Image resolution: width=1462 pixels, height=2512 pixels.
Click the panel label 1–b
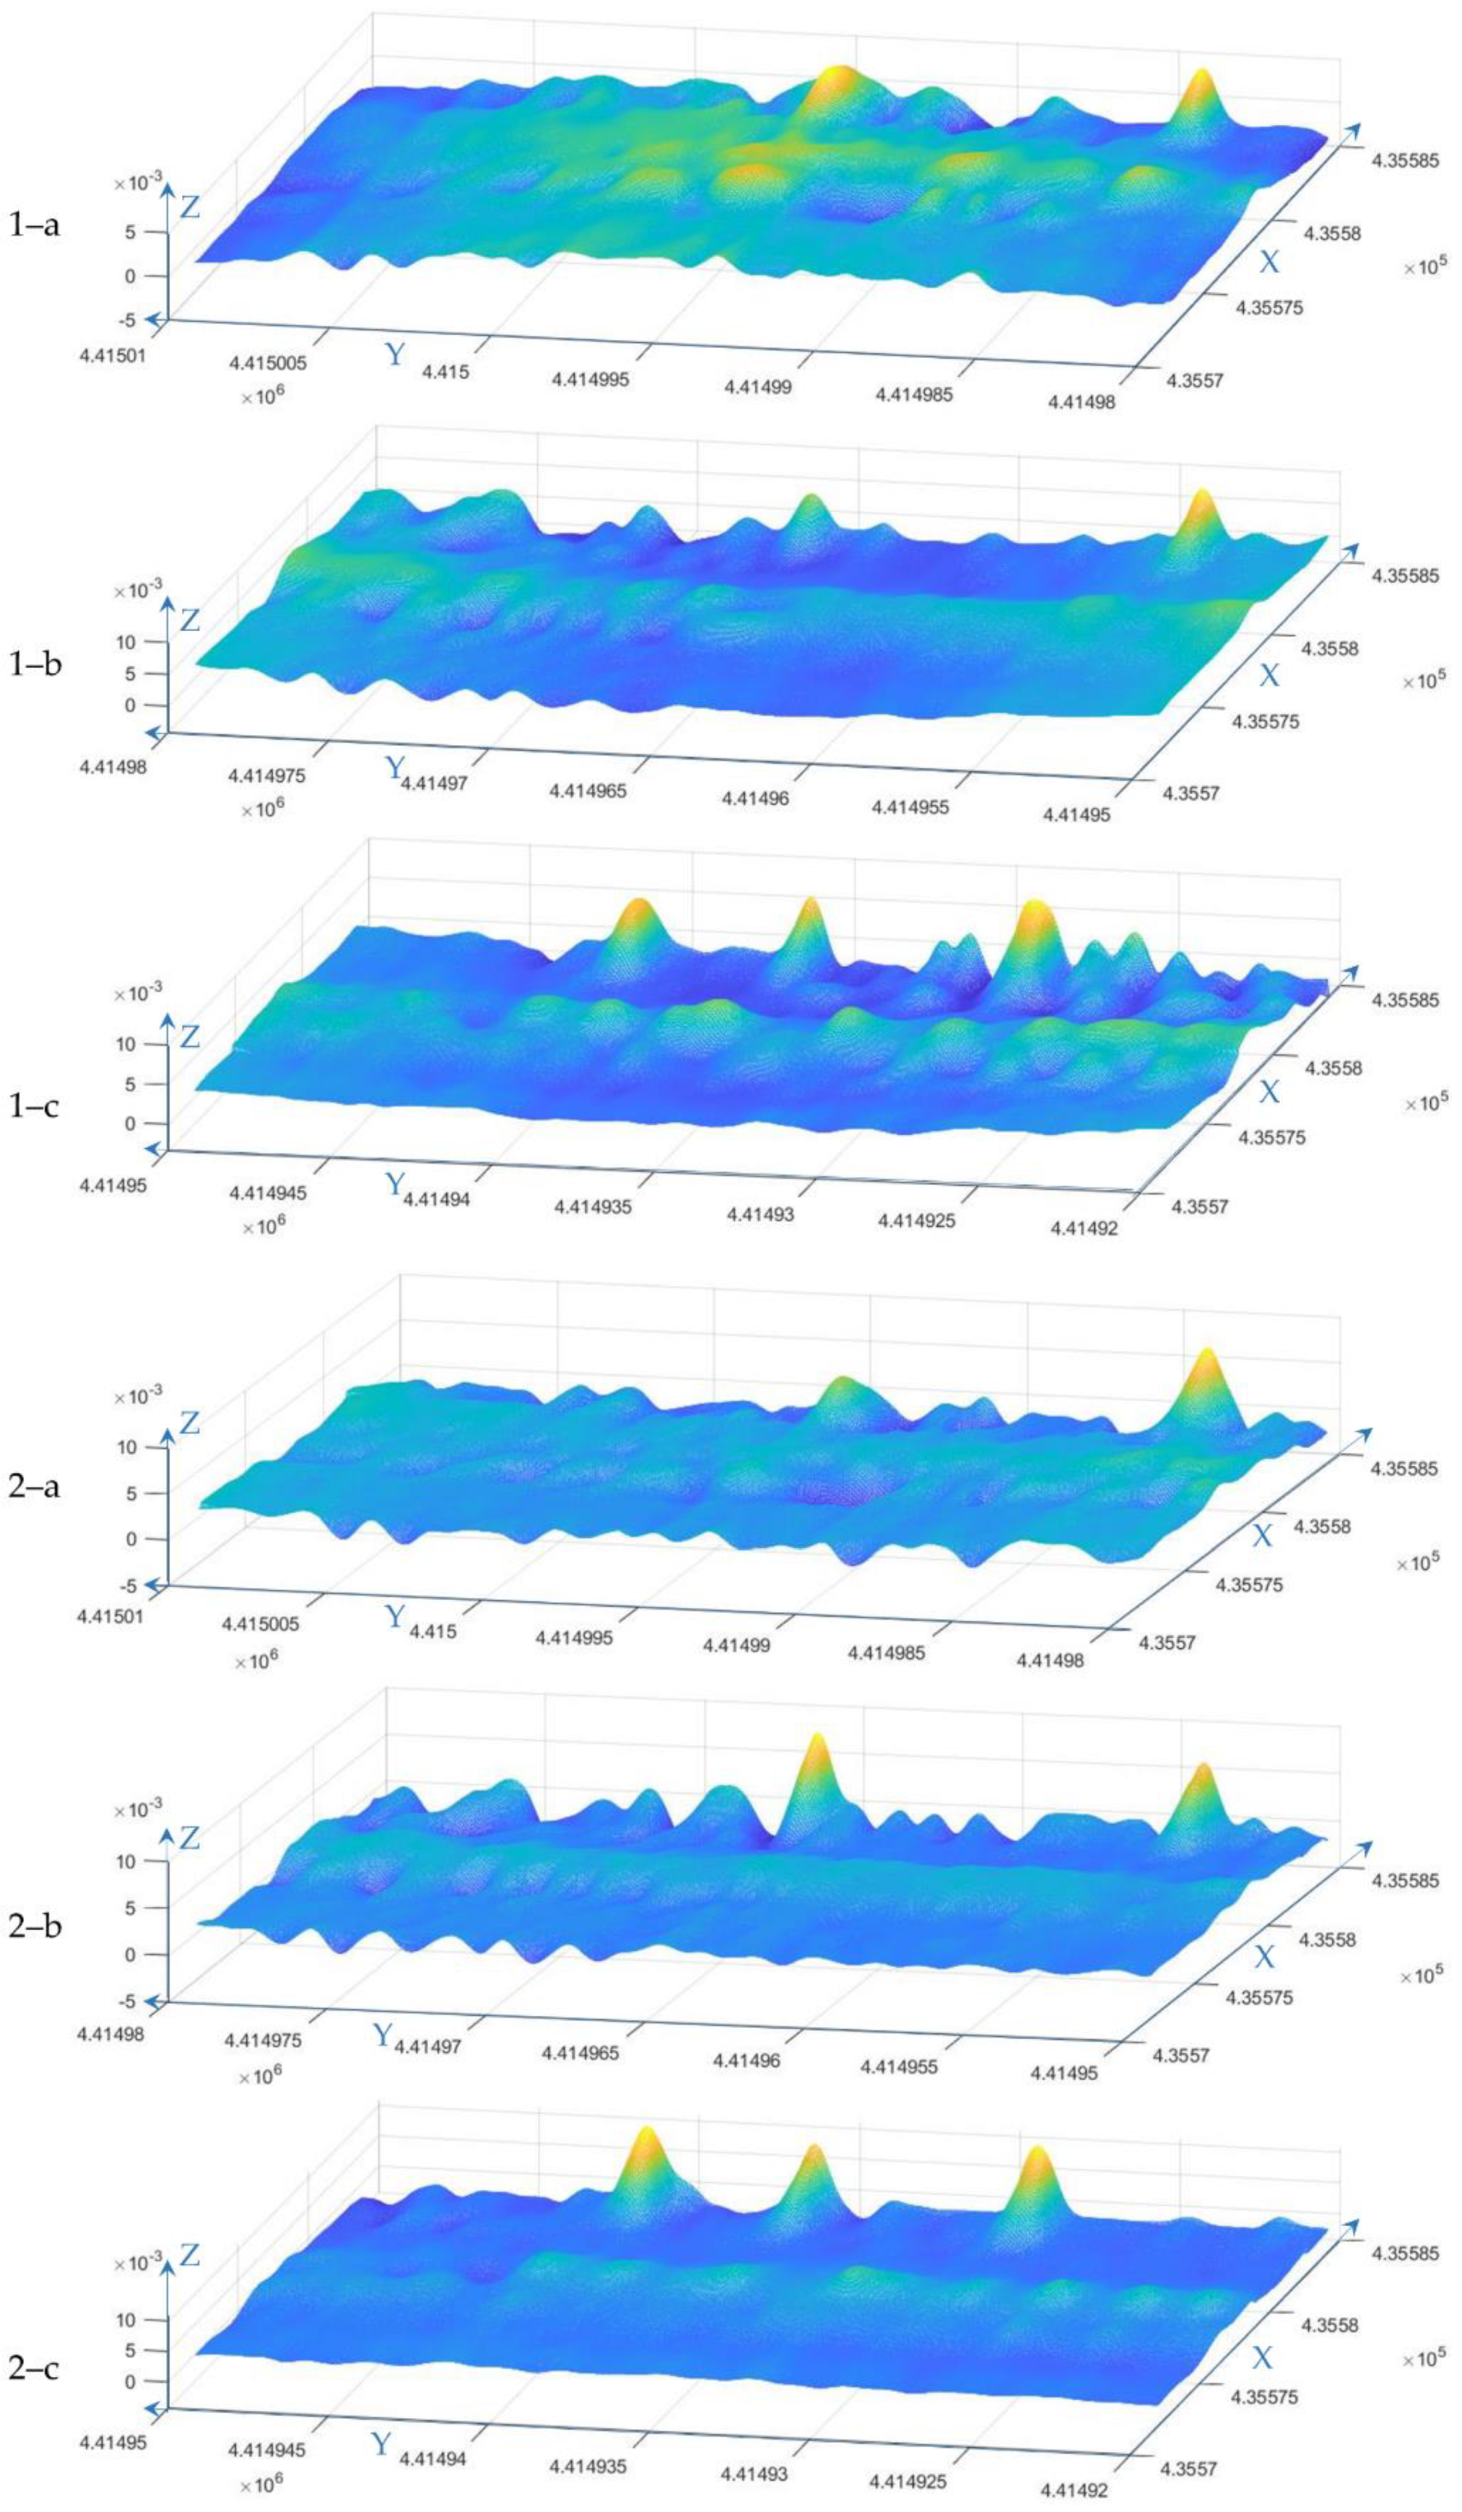point(35,664)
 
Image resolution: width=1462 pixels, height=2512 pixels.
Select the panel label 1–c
point(35,1105)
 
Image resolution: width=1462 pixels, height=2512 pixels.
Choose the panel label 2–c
point(35,2367)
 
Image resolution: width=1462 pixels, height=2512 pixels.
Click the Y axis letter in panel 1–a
point(396,354)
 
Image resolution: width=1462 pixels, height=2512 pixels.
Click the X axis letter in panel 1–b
point(1268,676)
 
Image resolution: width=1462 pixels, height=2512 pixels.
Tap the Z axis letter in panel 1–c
point(190,1036)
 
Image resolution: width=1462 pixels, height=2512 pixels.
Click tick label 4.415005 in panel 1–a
point(267,364)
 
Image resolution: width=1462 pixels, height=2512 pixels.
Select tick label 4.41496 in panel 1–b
point(755,798)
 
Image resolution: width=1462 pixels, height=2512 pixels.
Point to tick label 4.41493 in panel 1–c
point(761,1215)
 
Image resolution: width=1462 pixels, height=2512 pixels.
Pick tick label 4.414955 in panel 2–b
point(899,2067)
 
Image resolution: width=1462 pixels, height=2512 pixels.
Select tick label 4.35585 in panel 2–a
point(1403,1468)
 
